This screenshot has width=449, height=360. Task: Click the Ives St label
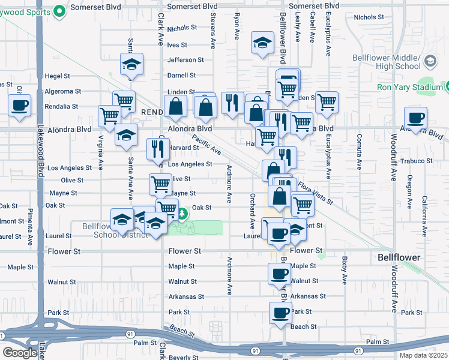(x=177, y=44)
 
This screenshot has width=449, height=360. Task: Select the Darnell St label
(x=181, y=76)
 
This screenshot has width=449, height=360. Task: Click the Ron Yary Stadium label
(x=409, y=87)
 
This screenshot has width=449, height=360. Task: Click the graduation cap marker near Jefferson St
(x=131, y=64)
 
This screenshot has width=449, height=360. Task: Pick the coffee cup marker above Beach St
(x=280, y=311)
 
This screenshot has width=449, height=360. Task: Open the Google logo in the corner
(x=20, y=353)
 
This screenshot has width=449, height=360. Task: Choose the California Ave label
(x=424, y=208)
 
